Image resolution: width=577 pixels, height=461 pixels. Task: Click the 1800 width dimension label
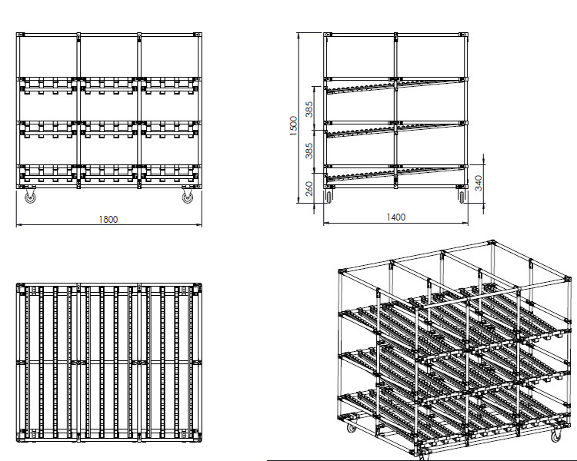(x=108, y=220)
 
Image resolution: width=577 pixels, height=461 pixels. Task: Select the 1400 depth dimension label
(x=395, y=217)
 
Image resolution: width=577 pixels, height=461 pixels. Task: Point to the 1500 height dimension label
(x=292, y=125)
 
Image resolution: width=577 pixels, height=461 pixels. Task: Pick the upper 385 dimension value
(x=309, y=110)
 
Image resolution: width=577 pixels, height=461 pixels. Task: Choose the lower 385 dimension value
(x=309, y=151)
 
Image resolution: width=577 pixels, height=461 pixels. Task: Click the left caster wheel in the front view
(x=31, y=197)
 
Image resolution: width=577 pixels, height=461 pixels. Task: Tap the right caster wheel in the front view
(x=187, y=197)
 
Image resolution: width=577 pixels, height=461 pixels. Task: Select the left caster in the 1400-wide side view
(x=329, y=197)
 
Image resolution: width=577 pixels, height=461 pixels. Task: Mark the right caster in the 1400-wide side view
(x=462, y=197)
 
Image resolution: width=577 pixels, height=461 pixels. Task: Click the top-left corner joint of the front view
(x=22, y=35)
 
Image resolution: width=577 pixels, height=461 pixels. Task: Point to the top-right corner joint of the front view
(x=198, y=35)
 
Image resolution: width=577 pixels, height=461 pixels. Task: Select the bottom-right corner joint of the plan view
(x=198, y=438)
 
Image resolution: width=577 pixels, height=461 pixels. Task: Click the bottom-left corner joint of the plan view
(x=22, y=438)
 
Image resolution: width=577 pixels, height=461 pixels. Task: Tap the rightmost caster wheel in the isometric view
(x=555, y=436)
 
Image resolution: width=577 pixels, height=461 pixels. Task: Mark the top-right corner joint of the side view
(x=466, y=35)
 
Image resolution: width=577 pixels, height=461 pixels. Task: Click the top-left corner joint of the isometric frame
(x=341, y=271)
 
